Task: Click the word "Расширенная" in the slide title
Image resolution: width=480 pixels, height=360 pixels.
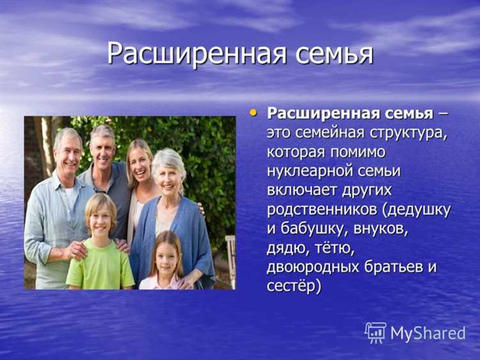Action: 196,53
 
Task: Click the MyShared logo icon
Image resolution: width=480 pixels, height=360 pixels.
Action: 375,332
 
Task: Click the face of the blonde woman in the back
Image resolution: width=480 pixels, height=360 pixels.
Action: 139,162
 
